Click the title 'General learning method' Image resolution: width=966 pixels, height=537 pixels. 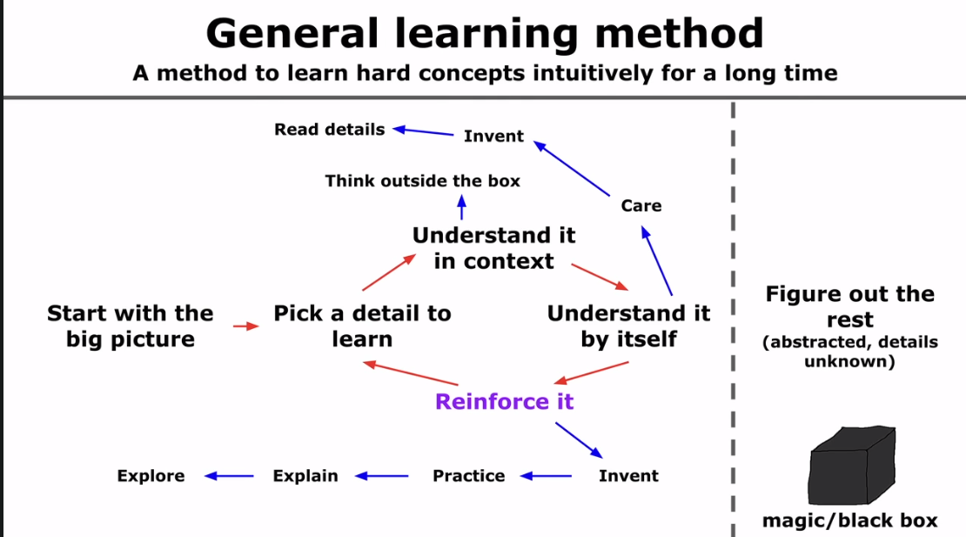[x=485, y=33]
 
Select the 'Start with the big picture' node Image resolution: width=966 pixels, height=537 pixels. [x=130, y=326]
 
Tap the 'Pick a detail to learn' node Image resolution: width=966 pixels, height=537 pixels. [x=362, y=326]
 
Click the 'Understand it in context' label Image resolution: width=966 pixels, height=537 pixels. [x=493, y=248]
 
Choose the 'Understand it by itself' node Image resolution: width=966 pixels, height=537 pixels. [x=628, y=326]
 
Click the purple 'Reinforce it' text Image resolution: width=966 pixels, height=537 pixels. [x=505, y=402]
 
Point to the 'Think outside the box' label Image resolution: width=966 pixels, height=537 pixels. [x=422, y=181]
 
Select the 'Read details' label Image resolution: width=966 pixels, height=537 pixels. [x=329, y=130]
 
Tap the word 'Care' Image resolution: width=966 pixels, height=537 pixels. [x=641, y=206]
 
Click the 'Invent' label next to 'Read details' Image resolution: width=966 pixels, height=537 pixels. [x=493, y=137]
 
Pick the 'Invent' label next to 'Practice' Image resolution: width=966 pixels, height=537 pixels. [x=628, y=476]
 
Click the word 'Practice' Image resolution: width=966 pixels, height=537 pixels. [x=468, y=476]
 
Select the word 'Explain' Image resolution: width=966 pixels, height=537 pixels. [x=305, y=476]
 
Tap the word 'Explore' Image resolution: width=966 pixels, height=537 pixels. [x=151, y=476]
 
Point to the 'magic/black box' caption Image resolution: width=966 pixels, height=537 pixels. [x=849, y=521]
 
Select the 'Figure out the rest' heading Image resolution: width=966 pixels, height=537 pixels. [x=849, y=306]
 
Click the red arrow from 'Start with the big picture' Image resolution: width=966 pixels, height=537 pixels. [x=246, y=326]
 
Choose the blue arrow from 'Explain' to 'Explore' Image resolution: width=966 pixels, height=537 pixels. [x=229, y=476]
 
